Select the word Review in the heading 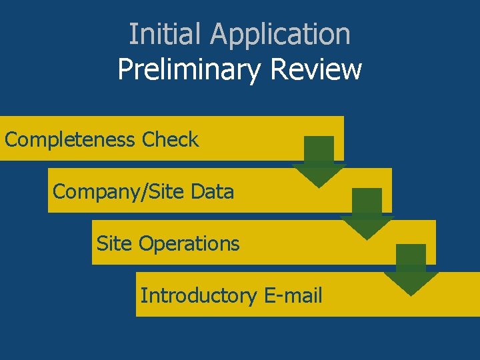coord(313,69)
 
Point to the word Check coord(170,140)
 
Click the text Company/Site coord(118,192)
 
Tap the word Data coord(212,192)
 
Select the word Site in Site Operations coord(114,244)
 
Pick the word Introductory coord(198,295)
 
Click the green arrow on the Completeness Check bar coord(319,161)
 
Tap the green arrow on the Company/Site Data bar coord(367,213)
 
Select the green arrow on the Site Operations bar coord(411,269)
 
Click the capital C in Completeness coord(11,140)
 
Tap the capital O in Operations coord(145,244)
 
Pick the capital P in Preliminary coord(125,69)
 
